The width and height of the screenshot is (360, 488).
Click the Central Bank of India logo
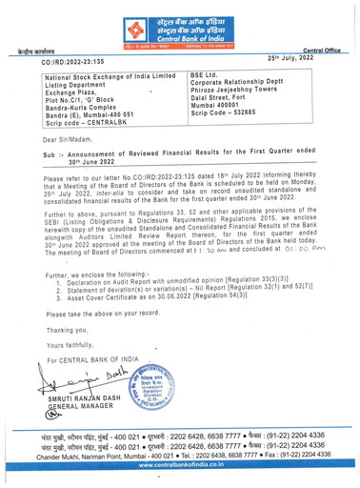[180, 22]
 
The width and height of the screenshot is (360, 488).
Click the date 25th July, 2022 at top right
[312, 60]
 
